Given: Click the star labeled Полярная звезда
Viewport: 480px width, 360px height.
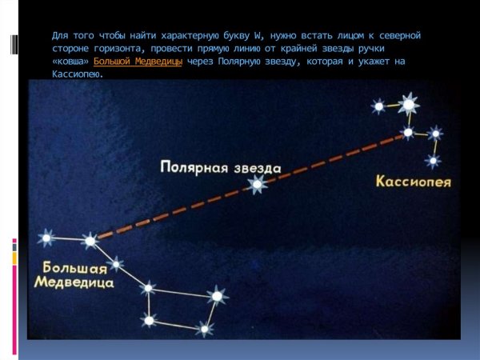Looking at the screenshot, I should coord(257,185).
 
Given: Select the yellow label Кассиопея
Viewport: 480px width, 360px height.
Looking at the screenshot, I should coord(413,182).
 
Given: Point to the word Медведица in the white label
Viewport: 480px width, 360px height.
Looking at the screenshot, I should coord(74,282).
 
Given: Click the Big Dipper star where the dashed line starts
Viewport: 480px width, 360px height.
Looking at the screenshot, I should coord(90,239).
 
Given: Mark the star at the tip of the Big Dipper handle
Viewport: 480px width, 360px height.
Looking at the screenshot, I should coord(46,237).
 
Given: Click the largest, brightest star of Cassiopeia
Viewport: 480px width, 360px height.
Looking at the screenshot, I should coord(409,104).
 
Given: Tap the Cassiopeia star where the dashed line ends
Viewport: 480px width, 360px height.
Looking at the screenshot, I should coord(408,132).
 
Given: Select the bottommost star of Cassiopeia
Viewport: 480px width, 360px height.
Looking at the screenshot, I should coord(433,161).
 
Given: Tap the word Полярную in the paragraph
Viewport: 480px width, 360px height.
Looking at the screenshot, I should coord(243,61).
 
